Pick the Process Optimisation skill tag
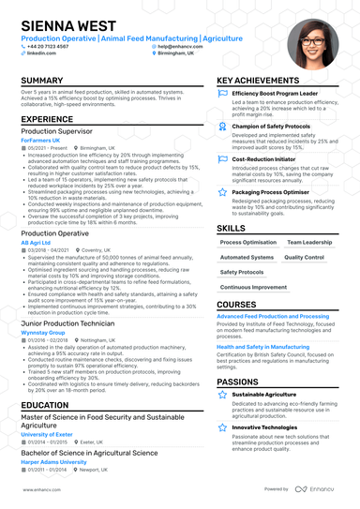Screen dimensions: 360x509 click(247, 242)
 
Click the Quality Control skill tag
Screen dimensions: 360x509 click(304, 257)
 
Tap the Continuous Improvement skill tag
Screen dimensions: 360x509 click(254, 287)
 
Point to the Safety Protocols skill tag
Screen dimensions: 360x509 click(242, 272)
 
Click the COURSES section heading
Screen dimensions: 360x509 click(236, 305)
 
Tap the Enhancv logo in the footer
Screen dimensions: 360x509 click(317, 489)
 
